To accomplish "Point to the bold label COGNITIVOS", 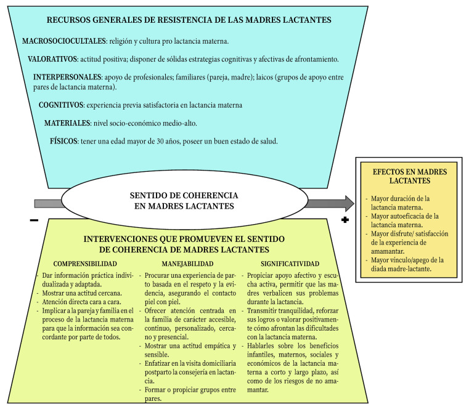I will point(61,105).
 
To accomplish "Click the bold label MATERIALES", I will point(66,123).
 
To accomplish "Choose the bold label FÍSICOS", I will point(63,141).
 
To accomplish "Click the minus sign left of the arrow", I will point(33,220).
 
